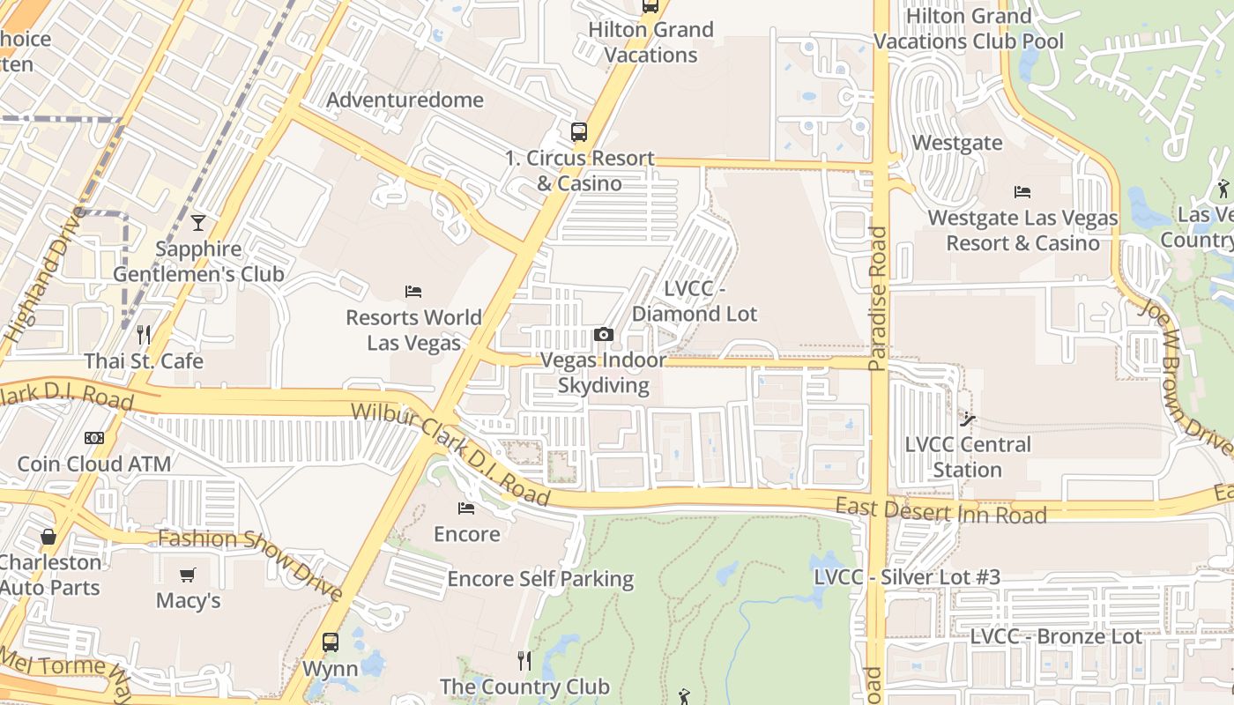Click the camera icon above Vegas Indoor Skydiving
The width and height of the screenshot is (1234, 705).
pyautogui.click(x=604, y=334)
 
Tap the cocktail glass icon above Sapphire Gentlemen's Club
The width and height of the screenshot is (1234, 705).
pyautogui.click(x=198, y=222)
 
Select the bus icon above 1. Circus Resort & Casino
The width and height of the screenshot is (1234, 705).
pyautogui.click(x=578, y=132)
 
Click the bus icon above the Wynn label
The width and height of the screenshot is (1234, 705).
pyautogui.click(x=331, y=642)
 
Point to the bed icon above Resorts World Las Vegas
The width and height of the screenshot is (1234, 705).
pyautogui.click(x=413, y=291)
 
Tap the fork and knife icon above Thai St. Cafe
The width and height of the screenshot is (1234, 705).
pyautogui.click(x=144, y=335)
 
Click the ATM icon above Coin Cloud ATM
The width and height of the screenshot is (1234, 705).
pyautogui.click(x=94, y=438)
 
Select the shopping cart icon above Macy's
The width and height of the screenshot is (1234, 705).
pyautogui.click(x=188, y=575)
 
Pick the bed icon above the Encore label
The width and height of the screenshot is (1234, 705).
pyautogui.click(x=466, y=508)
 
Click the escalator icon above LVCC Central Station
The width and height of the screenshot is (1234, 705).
pyautogui.click(x=968, y=419)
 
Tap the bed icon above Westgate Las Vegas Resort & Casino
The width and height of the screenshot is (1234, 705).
pyautogui.click(x=1022, y=191)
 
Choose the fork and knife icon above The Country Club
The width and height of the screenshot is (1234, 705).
pyautogui.click(x=524, y=660)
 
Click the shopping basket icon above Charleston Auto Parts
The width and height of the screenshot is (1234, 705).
pyautogui.click(x=48, y=536)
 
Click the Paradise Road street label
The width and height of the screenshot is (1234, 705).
pyautogui.click(x=877, y=298)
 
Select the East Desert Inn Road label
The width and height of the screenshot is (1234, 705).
pyautogui.click(x=940, y=510)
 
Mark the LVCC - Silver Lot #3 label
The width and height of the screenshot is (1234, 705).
pyautogui.click(x=907, y=577)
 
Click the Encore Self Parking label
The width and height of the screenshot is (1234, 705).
pyautogui.click(x=540, y=579)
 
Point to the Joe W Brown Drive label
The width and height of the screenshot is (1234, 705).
pyautogui.click(x=1183, y=369)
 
